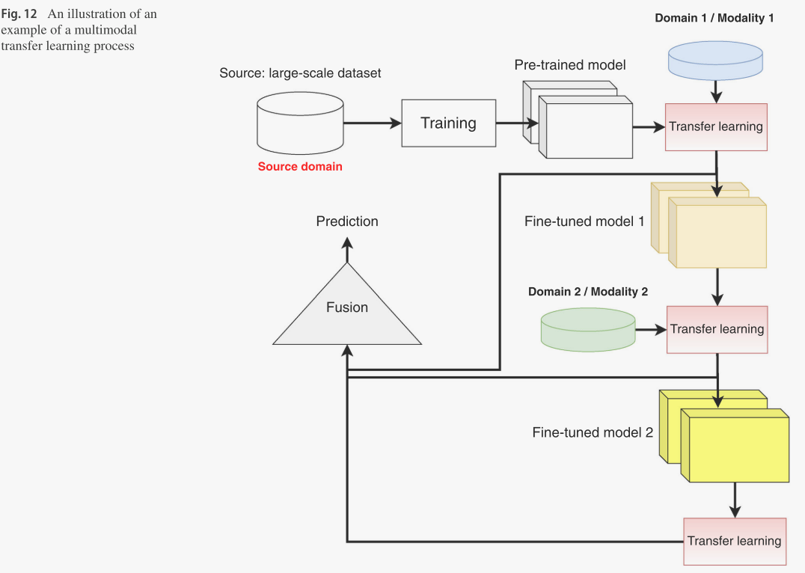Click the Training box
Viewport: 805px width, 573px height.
click(x=448, y=123)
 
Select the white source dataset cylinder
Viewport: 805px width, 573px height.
click(x=300, y=124)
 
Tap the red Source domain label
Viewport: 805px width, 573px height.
click(x=300, y=167)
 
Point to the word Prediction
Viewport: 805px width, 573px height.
click(x=347, y=221)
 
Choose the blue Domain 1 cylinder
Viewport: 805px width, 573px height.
click(x=716, y=59)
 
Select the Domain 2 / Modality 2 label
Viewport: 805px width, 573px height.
click(x=588, y=292)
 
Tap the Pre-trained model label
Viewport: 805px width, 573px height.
click(x=570, y=65)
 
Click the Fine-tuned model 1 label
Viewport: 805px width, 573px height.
click(x=584, y=222)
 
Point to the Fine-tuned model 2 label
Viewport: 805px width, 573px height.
click(x=593, y=432)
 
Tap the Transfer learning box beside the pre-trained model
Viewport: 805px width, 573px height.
click(x=716, y=127)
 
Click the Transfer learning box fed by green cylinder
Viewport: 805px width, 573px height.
click(x=717, y=329)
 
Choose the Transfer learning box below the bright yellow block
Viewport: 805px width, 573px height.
click(x=734, y=541)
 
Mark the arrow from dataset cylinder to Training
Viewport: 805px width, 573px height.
click(x=372, y=123)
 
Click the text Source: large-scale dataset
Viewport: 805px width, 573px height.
click(x=300, y=73)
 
